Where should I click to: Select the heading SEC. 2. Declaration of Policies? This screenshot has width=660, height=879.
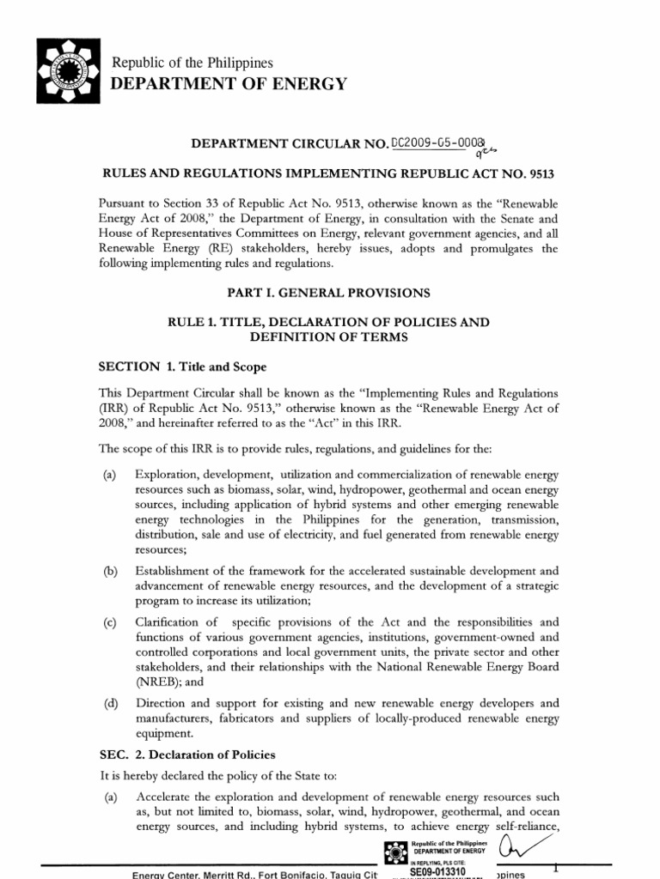tap(186, 755)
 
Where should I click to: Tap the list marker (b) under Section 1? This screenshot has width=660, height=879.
tap(109, 570)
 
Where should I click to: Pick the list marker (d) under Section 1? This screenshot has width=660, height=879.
tap(109, 703)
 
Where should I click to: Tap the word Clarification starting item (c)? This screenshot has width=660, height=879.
tap(171, 621)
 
